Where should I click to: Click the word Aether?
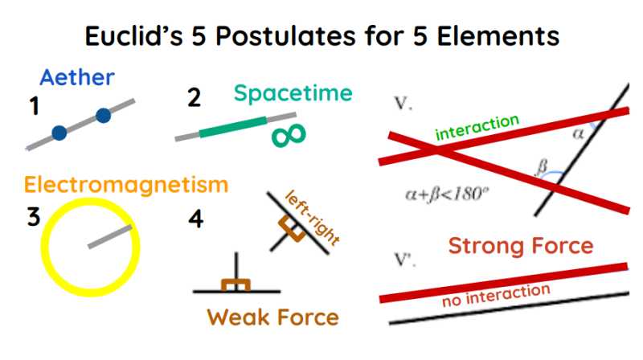click(x=77, y=78)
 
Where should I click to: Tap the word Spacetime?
click(x=293, y=92)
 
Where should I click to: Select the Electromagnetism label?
click(x=126, y=185)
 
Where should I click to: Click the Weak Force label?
click(x=272, y=317)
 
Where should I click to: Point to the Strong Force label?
click(x=520, y=246)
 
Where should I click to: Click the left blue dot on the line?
click(x=59, y=132)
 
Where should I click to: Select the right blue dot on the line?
click(x=103, y=116)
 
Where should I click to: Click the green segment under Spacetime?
click(x=233, y=127)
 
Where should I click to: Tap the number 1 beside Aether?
click(x=34, y=105)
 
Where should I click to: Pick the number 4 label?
click(x=195, y=219)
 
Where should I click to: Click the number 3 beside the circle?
click(x=34, y=217)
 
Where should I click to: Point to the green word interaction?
click(x=477, y=127)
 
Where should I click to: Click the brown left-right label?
click(x=313, y=217)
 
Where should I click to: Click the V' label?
click(x=405, y=260)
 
